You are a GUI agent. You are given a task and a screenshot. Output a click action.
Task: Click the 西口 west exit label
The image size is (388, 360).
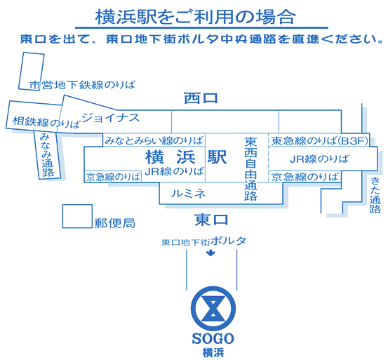pyautogui.click(x=201, y=98)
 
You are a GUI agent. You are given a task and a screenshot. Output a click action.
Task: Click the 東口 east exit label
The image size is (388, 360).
pyautogui.click(x=211, y=220)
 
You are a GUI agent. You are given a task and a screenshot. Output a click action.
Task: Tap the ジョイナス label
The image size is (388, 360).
pyautogui.click(x=110, y=117)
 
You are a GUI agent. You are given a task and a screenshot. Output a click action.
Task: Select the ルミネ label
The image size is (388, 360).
pyautogui.click(x=188, y=193)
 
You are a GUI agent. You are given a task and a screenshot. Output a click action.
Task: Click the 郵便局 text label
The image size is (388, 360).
pyautogui.click(x=115, y=223)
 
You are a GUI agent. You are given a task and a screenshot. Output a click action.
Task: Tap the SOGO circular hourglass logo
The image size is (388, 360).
pyautogui.click(x=213, y=308)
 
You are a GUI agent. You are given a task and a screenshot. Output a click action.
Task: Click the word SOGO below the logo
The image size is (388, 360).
pyautogui.click(x=213, y=339)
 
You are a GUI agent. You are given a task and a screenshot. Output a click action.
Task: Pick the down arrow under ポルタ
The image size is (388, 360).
pyautogui.click(x=210, y=253)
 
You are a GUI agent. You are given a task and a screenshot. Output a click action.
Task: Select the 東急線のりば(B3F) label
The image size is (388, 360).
pyautogui.click(x=319, y=141)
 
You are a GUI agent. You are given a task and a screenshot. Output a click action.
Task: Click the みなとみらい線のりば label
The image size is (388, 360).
pyautogui.click(x=154, y=140)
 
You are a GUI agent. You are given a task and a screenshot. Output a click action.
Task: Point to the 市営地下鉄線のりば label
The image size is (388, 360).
pyautogui.click(x=82, y=85)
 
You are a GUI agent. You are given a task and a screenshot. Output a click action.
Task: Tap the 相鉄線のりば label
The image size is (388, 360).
pyautogui.click(x=46, y=122)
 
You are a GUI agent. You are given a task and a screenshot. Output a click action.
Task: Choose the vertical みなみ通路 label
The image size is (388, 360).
pyautogui.click(x=47, y=155)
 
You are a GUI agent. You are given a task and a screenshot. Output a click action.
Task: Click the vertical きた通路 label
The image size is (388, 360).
pyautogui.click(x=375, y=196)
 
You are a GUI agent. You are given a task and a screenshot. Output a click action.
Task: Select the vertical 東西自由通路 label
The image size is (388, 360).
pyautogui.click(x=250, y=168)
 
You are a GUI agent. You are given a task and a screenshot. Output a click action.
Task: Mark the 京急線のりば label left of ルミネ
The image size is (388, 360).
pyautogui.click(x=113, y=177)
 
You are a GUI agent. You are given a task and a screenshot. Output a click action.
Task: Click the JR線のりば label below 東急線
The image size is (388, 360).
pyautogui.click(x=319, y=159)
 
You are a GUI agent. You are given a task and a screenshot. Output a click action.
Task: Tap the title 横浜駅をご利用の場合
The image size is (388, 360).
pyautogui.click(x=195, y=18)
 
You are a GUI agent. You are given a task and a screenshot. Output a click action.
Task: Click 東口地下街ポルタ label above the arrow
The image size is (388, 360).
pyautogui.click(x=204, y=241)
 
